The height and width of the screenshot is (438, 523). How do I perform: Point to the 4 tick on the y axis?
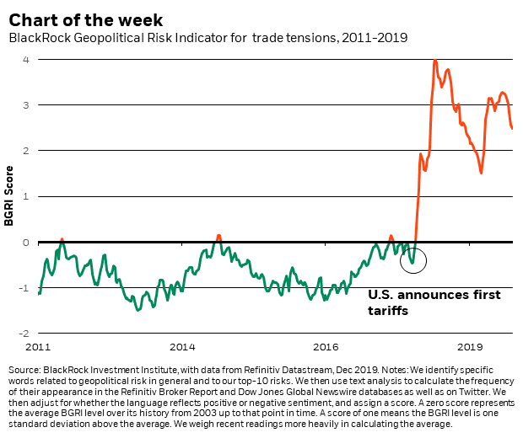pos(27,59)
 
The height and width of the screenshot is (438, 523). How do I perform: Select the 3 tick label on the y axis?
pos(27,105)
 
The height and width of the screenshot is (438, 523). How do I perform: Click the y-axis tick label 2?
pos(27,151)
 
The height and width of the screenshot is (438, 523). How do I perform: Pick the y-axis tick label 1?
pos(27,196)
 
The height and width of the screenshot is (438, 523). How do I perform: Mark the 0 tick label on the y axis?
pos(27,243)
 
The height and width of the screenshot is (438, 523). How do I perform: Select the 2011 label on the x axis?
pos(40,346)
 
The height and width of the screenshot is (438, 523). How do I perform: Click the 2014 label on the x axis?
pos(182,346)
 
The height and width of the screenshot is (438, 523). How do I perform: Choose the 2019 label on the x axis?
pos(469,346)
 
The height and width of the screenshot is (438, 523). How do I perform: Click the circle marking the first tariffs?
pos(413,259)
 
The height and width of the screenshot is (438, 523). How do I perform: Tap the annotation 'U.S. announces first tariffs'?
pos(434,302)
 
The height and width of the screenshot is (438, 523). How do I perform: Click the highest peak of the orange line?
pos(434,60)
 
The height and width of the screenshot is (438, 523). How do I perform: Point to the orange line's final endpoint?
pos(512,128)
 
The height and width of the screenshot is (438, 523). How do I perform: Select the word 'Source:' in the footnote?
pos(26,371)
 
